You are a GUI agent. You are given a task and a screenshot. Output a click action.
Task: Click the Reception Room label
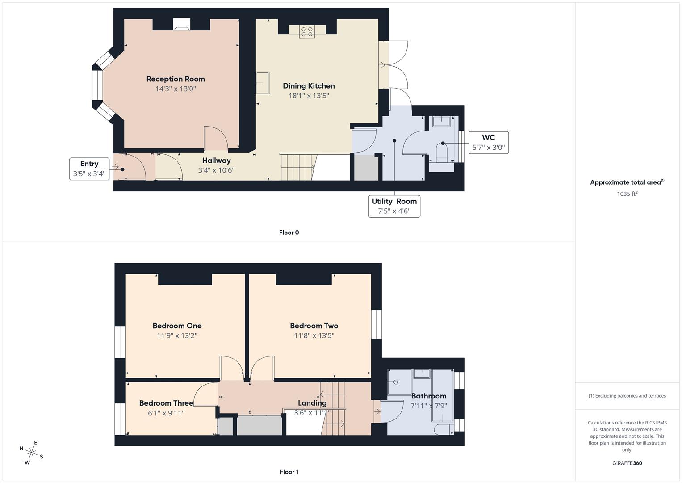(x=176, y=79)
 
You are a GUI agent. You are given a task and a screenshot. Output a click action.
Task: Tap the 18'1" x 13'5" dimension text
(x=309, y=96)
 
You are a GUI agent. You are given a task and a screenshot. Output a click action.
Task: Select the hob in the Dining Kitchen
(x=307, y=31)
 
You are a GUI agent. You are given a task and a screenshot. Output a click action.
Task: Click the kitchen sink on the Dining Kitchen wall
(x=263, y=83)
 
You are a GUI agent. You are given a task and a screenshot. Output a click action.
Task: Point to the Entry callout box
(x=89, y=169)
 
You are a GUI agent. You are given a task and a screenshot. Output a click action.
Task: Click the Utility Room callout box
(x=394, y=206)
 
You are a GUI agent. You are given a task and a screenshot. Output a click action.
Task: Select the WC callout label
(x=488, y=142)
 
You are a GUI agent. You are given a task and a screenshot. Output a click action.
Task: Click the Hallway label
(x=216, y=161)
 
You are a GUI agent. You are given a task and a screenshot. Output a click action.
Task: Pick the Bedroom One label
(x=177, y=326)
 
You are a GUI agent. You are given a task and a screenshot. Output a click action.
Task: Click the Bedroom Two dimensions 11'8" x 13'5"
(x=314, y=335)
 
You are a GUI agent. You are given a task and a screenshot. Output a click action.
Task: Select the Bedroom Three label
(x=166, y=403)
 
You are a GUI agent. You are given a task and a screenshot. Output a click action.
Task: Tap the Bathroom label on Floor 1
(x=428, y=396)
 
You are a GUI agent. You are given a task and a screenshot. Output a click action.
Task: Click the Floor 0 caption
(x=289, y=233)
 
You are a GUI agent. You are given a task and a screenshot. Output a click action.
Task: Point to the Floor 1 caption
(x=289, y=472)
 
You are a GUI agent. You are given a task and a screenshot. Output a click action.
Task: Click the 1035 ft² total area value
(x=627, y=194)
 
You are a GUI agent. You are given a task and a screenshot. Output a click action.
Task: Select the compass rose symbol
(x=31, y=452)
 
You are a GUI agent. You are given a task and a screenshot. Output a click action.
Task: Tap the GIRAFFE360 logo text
(x=627, y=463)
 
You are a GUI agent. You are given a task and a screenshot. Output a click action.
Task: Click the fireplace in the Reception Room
(x=181, y=25)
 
